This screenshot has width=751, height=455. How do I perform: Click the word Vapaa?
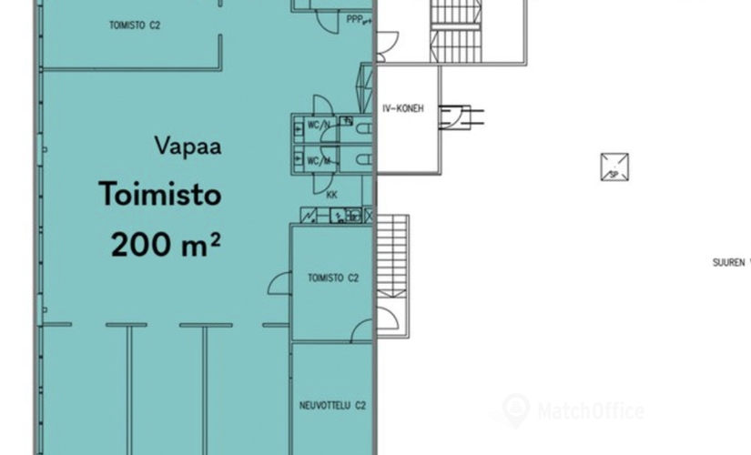coord(188,146)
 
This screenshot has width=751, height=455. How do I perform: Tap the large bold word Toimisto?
coord(160,195)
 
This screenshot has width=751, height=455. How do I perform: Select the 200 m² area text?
coord(166,245)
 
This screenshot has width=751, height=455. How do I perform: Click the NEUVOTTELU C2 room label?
coord(332,405)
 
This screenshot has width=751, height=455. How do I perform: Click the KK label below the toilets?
coord(331,195)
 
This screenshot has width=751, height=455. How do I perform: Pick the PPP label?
coord(356,18)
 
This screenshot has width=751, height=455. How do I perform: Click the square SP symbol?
coord(614,167)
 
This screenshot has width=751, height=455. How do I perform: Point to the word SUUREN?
coord(727,262)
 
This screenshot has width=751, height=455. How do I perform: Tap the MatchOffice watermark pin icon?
coord(515,409)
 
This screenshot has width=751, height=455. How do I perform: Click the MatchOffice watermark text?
coord(590,411)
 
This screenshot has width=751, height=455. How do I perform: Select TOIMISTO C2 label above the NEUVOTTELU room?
coord(332,278)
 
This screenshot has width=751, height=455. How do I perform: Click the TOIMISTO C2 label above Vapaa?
coord(134,26)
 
